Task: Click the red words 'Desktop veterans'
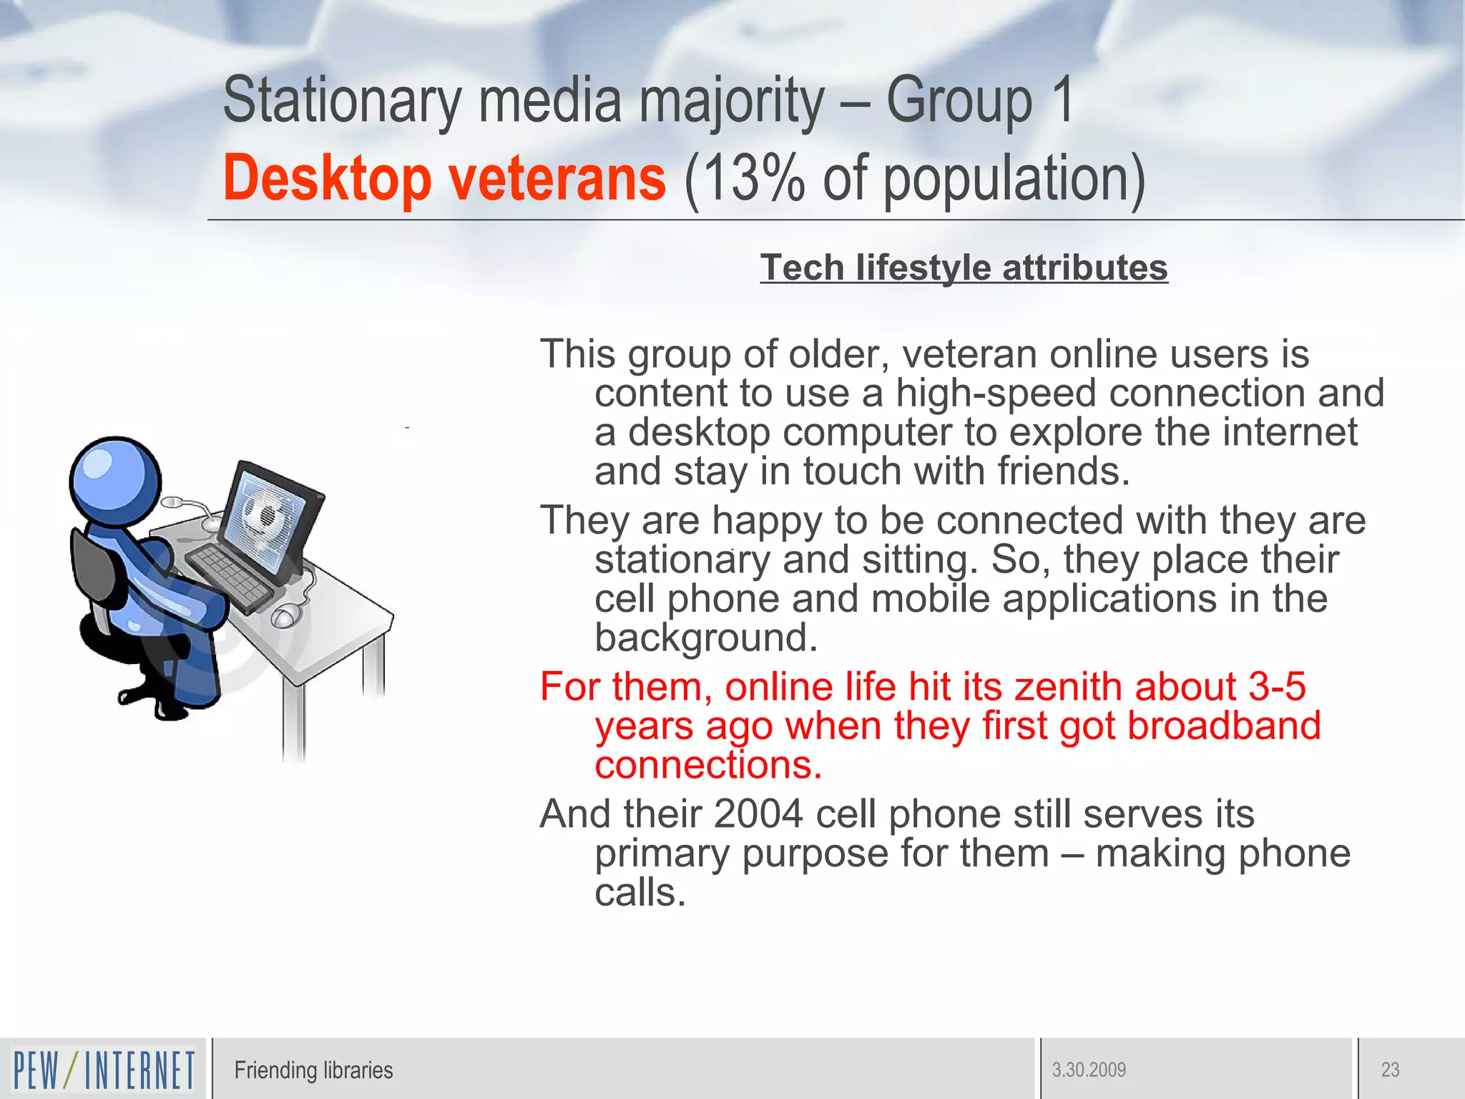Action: (x=444, y=179)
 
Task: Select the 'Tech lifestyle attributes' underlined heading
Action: (x=964, y=268)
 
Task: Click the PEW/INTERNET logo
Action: (x=104, y=1070)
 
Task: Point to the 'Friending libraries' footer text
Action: (x=313, y=1070)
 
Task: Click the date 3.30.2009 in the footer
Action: (x=1089, y=1070)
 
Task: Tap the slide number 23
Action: (x=1390, y=1070)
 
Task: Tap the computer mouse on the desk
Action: (x=284, y=615)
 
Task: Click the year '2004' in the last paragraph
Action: (x=758, y=814)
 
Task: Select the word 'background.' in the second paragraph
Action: (x=705, y=638)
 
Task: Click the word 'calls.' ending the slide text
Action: (x=640, y=893)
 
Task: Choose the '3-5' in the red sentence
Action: (x=1277, y=687)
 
